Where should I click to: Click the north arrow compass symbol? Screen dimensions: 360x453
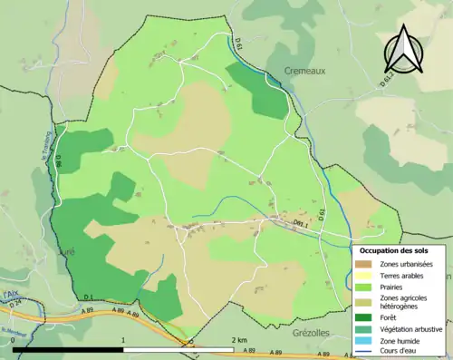(404, 47)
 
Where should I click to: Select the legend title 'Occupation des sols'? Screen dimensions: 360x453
(394, 250)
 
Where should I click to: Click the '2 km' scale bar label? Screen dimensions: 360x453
(240, 340)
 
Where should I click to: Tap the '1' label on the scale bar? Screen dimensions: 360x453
(122, 340)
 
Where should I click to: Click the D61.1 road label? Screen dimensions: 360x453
(298, 219)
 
